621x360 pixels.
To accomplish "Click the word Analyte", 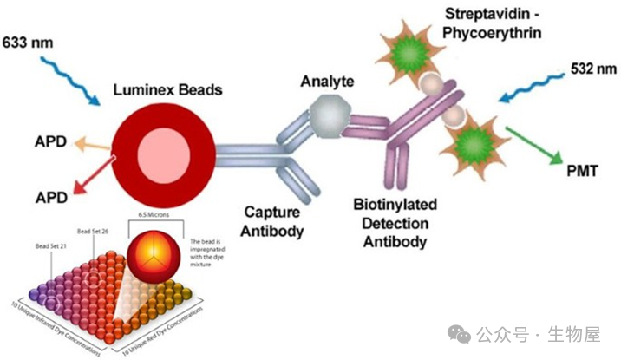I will pyautogui.click(x=328, y=82).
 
